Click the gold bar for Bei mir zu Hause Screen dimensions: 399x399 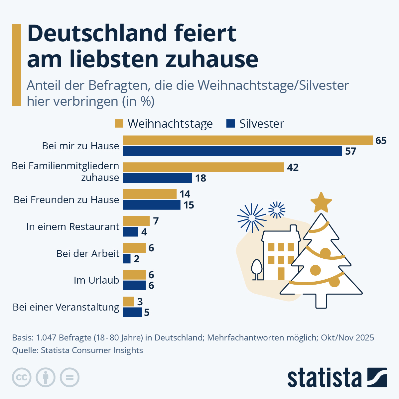click(247, 140)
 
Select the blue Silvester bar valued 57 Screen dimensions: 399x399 click(232, 151)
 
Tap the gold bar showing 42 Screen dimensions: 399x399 click(203, 167)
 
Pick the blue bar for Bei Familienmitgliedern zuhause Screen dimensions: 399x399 click(157, 178)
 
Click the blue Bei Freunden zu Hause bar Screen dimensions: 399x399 click(151, 205)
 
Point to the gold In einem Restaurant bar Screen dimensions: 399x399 click(136, 221)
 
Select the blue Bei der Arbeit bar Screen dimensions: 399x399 click(126, 259)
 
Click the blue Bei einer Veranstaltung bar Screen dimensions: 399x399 click(132, 313)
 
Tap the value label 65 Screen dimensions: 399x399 click(381, 141)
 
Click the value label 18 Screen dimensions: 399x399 click(200, 178)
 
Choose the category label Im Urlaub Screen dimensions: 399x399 click(96, 280)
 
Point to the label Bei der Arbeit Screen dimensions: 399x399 click(87, 253)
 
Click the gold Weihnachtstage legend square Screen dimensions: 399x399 click(119, 123)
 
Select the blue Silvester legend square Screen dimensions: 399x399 click(230, 123)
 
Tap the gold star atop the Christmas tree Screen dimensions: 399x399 click(321, 202)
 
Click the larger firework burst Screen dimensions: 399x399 click(252, 218)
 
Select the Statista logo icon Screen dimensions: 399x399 click(377, 377)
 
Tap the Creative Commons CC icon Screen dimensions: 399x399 click(22, 377)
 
